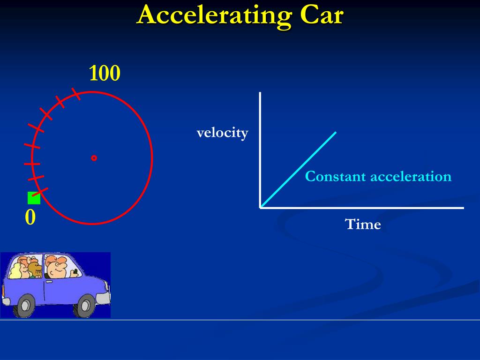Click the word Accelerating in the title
click(213, 15)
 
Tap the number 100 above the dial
click(105, 74)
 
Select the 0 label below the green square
click(30, 217)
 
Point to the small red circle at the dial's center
click(94, 158)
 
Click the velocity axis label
click(222, 133)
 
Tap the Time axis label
click(363, 225)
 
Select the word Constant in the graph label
click(335, 177)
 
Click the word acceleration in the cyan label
click(411, 177)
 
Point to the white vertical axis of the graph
click(260, 150)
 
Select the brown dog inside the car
click(34, 269)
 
